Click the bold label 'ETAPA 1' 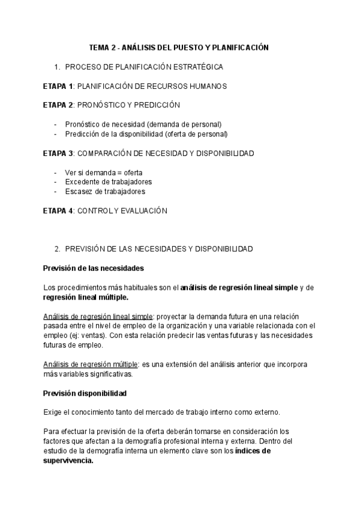point(58,86)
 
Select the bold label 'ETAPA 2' point(58,105)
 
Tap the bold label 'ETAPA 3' point(58,153)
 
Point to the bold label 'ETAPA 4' point(58,211)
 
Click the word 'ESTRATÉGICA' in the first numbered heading point(199,67)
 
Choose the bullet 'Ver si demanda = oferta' point(103,172)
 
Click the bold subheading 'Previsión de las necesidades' point(94,268)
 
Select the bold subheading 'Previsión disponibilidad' point(85,393)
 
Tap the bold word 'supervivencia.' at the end point(68,460)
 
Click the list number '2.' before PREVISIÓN point(57,248)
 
